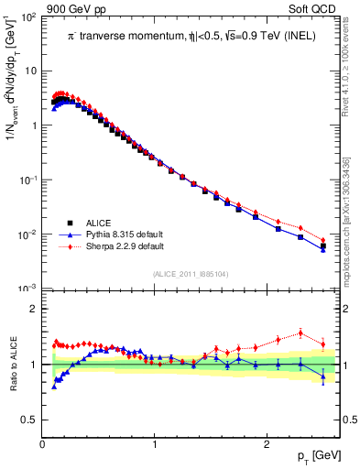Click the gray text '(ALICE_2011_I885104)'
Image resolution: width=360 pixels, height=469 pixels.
point(191,273)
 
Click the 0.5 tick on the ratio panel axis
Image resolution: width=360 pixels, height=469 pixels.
point(29,420)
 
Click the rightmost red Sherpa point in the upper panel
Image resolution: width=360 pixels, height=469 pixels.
point(322,240)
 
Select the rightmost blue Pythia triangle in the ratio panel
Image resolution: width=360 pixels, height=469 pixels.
point(322,376)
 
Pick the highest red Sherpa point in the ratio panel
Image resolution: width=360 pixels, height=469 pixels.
point(300,333)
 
